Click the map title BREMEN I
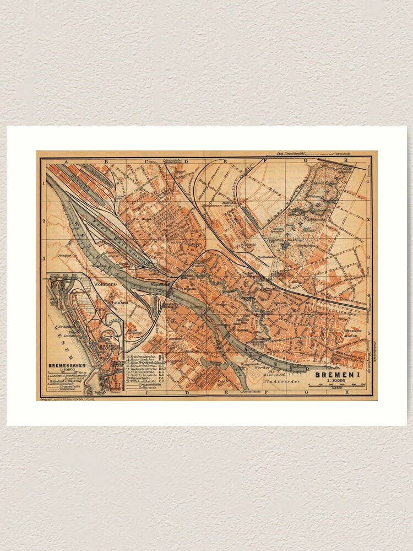[x=339, y=375]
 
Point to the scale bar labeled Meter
[x=337, y=387]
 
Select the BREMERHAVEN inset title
[x=66, y=365]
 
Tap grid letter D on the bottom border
[x=187, y=392]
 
